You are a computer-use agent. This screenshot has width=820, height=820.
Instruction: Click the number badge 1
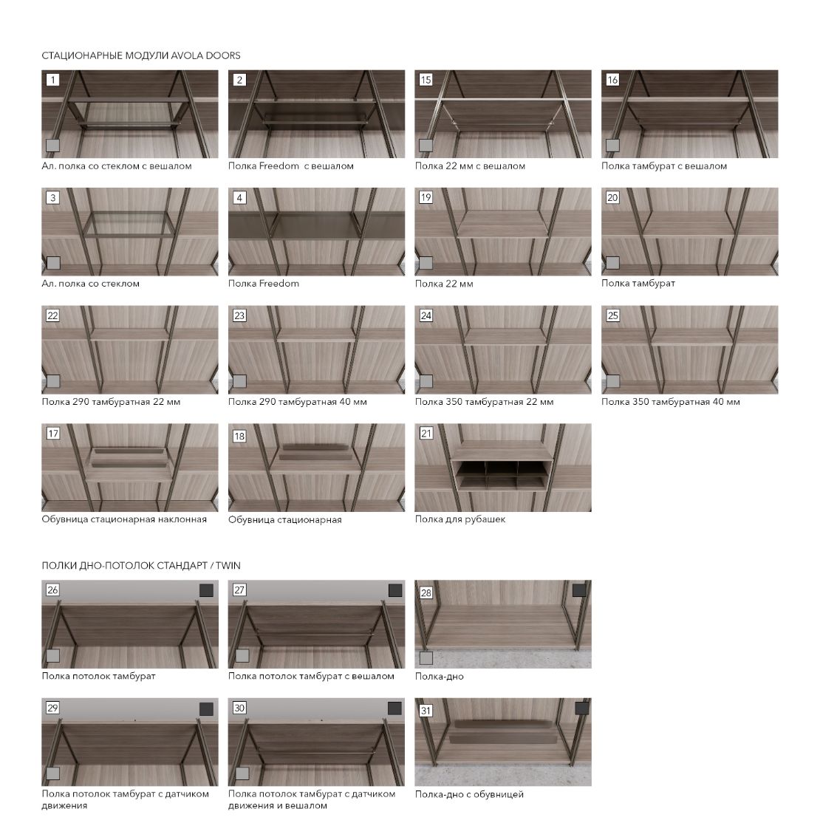click(52, 80)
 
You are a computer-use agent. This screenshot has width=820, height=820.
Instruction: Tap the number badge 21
click(426, 434)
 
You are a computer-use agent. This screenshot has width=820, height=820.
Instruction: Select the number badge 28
click(426, 592)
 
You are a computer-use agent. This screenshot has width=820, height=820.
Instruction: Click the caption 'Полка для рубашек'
click(460, 519)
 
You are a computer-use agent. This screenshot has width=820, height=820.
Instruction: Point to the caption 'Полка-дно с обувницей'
click(469, 794)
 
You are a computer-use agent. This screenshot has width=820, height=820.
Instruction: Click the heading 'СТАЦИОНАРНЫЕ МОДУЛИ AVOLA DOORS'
click(141, 55)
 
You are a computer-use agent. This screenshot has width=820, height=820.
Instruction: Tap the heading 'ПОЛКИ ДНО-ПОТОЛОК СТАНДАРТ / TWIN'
click(141, 565)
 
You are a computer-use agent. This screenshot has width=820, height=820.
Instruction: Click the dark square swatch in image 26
click(207, 590)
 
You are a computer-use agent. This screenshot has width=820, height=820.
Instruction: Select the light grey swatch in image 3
click(53, 263)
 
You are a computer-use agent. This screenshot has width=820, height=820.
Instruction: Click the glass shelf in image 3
click(130, 225)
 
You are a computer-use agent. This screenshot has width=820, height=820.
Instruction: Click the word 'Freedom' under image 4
click(279, 284)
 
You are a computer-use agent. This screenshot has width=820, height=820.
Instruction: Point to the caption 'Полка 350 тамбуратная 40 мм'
click(671, 402)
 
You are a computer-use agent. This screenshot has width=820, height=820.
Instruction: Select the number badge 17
click(52, 434)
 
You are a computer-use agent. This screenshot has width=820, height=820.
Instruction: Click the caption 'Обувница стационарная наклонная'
click(124, 519)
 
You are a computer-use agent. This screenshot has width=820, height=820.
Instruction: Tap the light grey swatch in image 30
click(242, 773)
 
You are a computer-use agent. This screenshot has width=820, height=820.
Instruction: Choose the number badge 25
click(612, 316)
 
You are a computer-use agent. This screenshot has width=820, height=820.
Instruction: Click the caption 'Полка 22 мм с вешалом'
click(470, 166)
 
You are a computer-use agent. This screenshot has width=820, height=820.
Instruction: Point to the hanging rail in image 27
click(315, 635)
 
